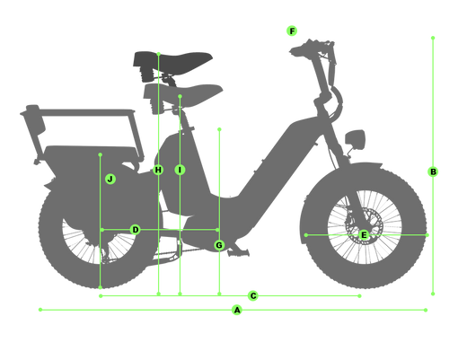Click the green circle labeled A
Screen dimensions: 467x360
(237, 310)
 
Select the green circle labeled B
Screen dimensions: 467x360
(433, 171)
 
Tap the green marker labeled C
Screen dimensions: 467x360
(253, 296)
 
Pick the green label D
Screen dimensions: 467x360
(136, 230)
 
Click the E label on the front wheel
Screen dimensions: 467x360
(364, 235)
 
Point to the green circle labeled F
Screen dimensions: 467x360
(292, 31)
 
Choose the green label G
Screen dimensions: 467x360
(219, 245)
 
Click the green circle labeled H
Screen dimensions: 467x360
(158, 170)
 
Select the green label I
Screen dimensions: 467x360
(180, 170)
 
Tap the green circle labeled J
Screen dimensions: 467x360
(110, 180)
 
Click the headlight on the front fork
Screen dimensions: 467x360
(355, 139)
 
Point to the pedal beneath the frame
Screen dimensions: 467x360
(238, 253)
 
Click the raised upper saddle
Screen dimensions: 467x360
(172, 61)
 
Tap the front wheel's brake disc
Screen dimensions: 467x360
(363, 226)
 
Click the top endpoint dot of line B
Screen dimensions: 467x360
(433, 38)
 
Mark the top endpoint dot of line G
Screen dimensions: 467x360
(219, 129)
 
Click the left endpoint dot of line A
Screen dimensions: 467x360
(40, 310)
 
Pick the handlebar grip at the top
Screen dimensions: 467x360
(299, 49)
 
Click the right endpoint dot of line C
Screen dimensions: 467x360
(359, 296)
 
